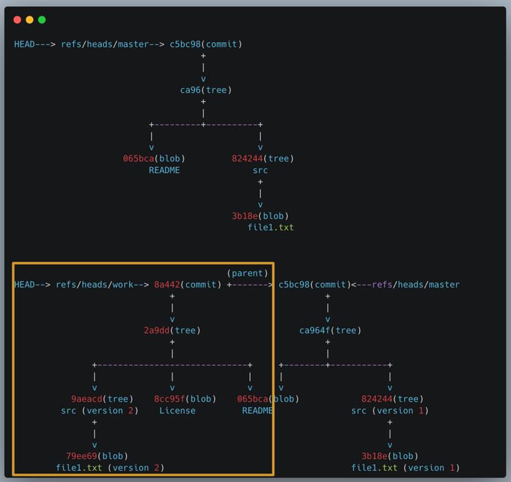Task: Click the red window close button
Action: click(x=17, y=20)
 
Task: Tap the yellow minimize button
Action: click(x=30, y=20)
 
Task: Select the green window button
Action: click(x=42, y=20)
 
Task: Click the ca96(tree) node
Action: click(x=206, y=90)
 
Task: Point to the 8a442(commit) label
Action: click(x=188, y=285)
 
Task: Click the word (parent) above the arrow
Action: click(x=247, y=273)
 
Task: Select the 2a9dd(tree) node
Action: click(x=172, y=330)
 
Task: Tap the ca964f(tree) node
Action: click(x=330, y=330)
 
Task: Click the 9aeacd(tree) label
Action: click(x=102, y=399)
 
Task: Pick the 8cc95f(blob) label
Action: click(x=185, y=399)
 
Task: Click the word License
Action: click(x=177, y=410)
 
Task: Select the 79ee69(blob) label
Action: click(x=97, y=456)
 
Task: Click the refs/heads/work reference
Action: click(x=95, y=285)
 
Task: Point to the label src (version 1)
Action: click(x=389, y=410)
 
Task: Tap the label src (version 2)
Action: click(x=100, y=410)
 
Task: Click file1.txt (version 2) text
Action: click(x=110, y=468)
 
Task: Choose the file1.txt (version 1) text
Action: click(x=406, y=468)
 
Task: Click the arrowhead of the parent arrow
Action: click(x=271, y=285)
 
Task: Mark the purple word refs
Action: click(x=382, y=285)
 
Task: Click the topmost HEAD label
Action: click(x=24, y=44)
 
